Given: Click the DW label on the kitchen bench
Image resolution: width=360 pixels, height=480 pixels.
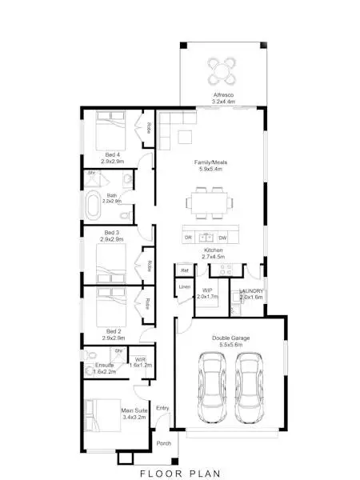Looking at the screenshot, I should [x=223, y=238].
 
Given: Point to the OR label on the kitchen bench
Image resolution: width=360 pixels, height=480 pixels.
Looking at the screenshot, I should [x=188, y=238].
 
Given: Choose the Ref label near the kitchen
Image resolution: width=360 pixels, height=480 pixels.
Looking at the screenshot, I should [x=184, y=270].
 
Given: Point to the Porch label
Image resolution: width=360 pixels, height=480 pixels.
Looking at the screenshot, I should [x=163, y=443].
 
